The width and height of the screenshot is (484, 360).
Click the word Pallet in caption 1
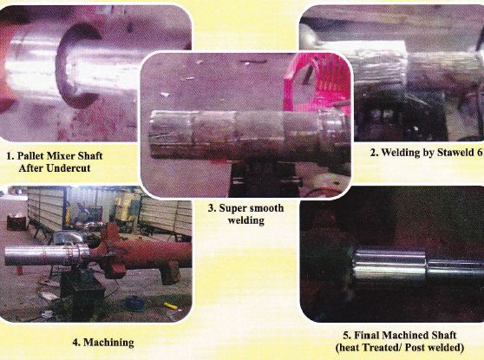(x=28, y=155)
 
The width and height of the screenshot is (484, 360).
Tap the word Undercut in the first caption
(x=69, y=168)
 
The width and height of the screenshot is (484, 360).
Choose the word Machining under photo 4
(x=108, y=343)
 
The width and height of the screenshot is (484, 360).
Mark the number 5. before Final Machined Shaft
(x=347, y=336)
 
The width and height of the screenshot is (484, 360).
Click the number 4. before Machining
(x=76, y=343)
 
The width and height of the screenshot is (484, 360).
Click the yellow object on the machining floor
(x=170, y=306)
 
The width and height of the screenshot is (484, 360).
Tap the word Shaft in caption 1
(x=90, y=155)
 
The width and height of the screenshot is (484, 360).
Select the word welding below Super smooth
(x=246, y=220)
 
